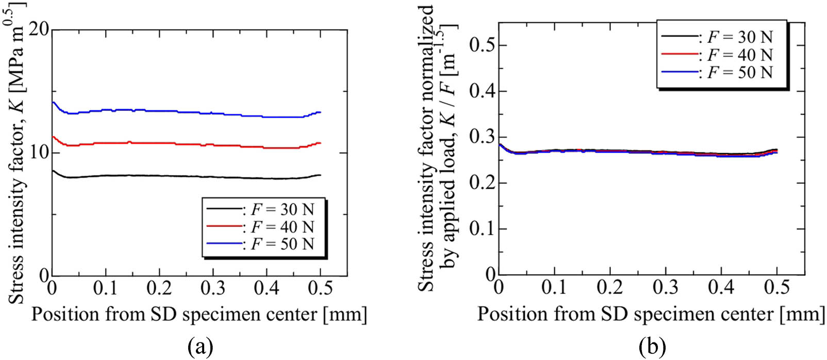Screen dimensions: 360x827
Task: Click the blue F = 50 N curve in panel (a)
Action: (x=155, y=111)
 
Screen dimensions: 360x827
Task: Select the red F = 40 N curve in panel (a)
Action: (x=155, y=143)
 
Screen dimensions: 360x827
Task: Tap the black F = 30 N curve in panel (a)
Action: (x=155, y=176)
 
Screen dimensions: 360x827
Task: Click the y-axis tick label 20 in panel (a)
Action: (x=39, y=29)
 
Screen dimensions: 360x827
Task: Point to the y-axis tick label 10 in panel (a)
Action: (x=39, y=153)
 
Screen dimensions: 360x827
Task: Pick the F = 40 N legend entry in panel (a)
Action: (x=282, y=226)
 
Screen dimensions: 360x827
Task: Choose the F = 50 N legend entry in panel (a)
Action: (x=282, y=243)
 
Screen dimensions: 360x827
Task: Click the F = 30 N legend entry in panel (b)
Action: (x=739, y=37)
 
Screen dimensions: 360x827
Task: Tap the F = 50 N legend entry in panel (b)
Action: (x=739, y=72)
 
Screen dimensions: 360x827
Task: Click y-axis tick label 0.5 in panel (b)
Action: (x=481, y=45)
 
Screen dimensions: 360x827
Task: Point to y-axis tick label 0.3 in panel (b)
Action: (x=481, y=137)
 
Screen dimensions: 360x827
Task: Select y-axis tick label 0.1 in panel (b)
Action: (x=481, y=228)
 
